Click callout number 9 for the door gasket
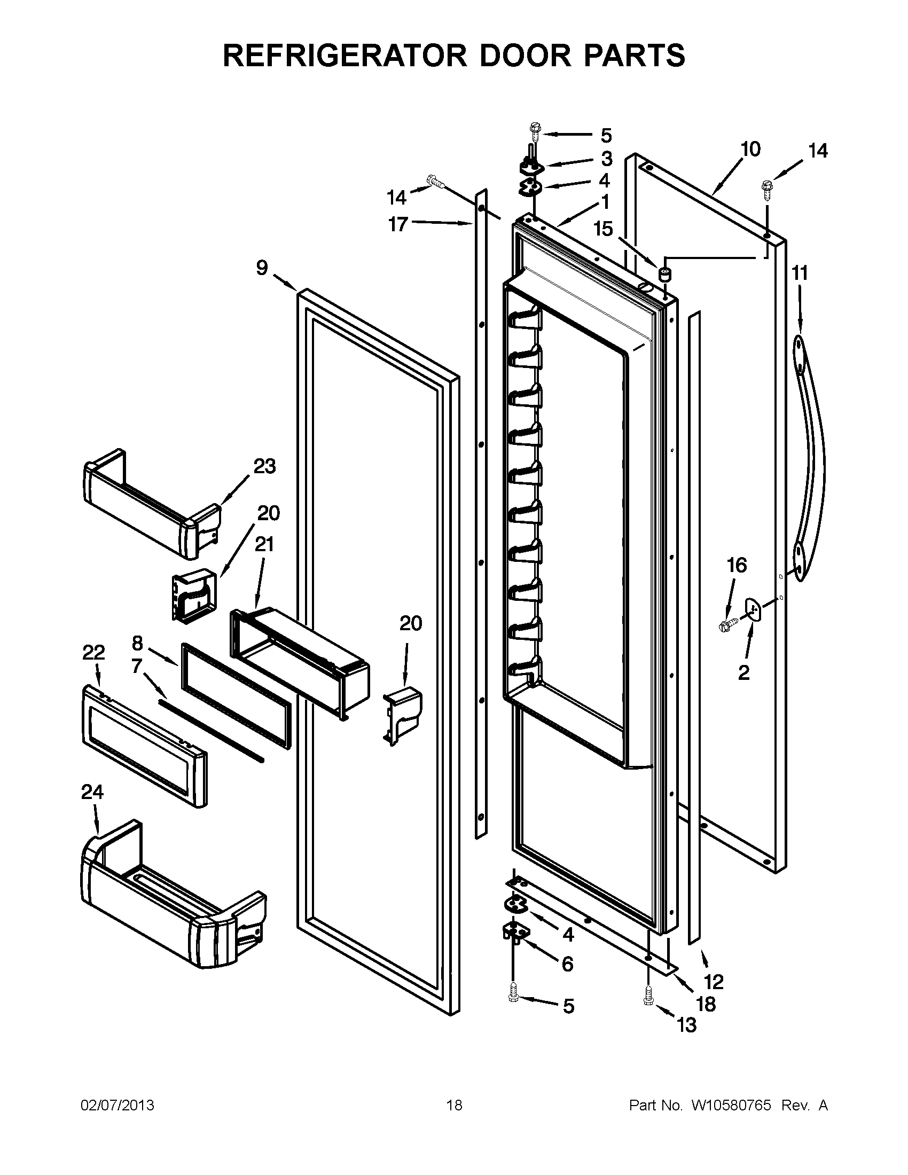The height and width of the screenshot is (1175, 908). pos(262,268)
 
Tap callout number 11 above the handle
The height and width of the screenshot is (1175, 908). pos(800,273)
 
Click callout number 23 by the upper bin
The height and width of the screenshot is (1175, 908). pos(264,466)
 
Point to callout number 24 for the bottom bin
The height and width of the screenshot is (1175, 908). pos(92,792)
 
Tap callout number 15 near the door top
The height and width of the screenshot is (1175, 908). pos(604,229)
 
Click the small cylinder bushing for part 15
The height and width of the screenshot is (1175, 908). pos(666,274)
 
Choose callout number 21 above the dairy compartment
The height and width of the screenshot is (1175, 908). pos(264,545)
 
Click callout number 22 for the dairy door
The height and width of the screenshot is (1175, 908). pos(93,653)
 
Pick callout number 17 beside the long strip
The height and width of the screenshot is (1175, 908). pos(398,224)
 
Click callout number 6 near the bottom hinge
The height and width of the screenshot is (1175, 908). pos(567,963)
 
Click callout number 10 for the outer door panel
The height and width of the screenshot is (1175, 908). pos(750,149)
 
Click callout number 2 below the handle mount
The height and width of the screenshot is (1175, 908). pos(743,672)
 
